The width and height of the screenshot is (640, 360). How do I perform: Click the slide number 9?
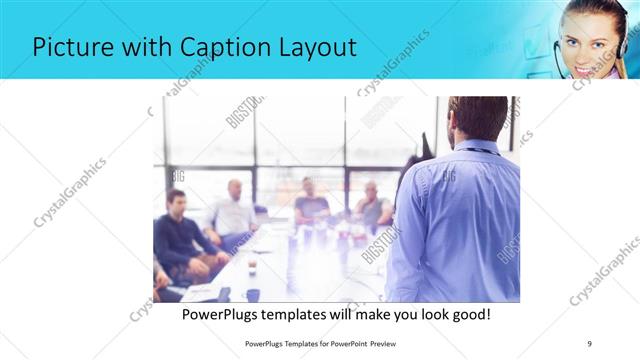589,343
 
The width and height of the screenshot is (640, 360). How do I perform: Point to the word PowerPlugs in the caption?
227,315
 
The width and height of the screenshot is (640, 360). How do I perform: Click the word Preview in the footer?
390,343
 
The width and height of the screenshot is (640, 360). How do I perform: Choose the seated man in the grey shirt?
372,204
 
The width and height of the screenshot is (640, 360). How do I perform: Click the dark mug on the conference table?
253,294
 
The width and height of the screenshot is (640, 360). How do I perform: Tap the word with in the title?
135,47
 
